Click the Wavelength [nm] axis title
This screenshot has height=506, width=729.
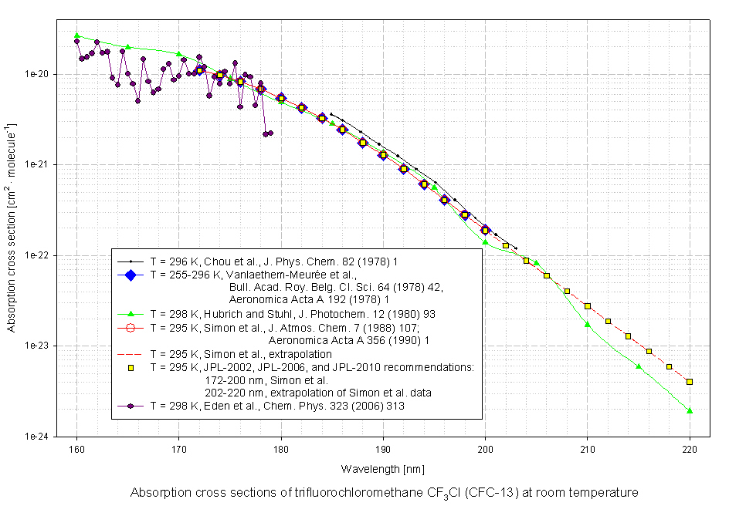click(x=383, y=469)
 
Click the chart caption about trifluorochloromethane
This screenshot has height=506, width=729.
click(x=385, y=493)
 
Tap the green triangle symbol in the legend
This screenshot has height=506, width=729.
click(x=131, y=313)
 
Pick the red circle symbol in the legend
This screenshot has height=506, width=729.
click(x=131, y=327)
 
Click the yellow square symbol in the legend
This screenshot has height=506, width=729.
click(x=131, y=367)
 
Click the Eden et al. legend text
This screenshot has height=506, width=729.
click(x=276, y=406)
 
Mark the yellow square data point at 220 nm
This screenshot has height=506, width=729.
click(x=689, y=382)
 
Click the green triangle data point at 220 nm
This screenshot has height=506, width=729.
click(x=689, y=410)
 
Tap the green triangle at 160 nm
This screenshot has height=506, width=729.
click(x=76, y=35)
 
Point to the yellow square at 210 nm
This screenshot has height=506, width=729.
click(x=587, y=306)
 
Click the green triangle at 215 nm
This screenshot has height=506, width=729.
click(x=639, y=366)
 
